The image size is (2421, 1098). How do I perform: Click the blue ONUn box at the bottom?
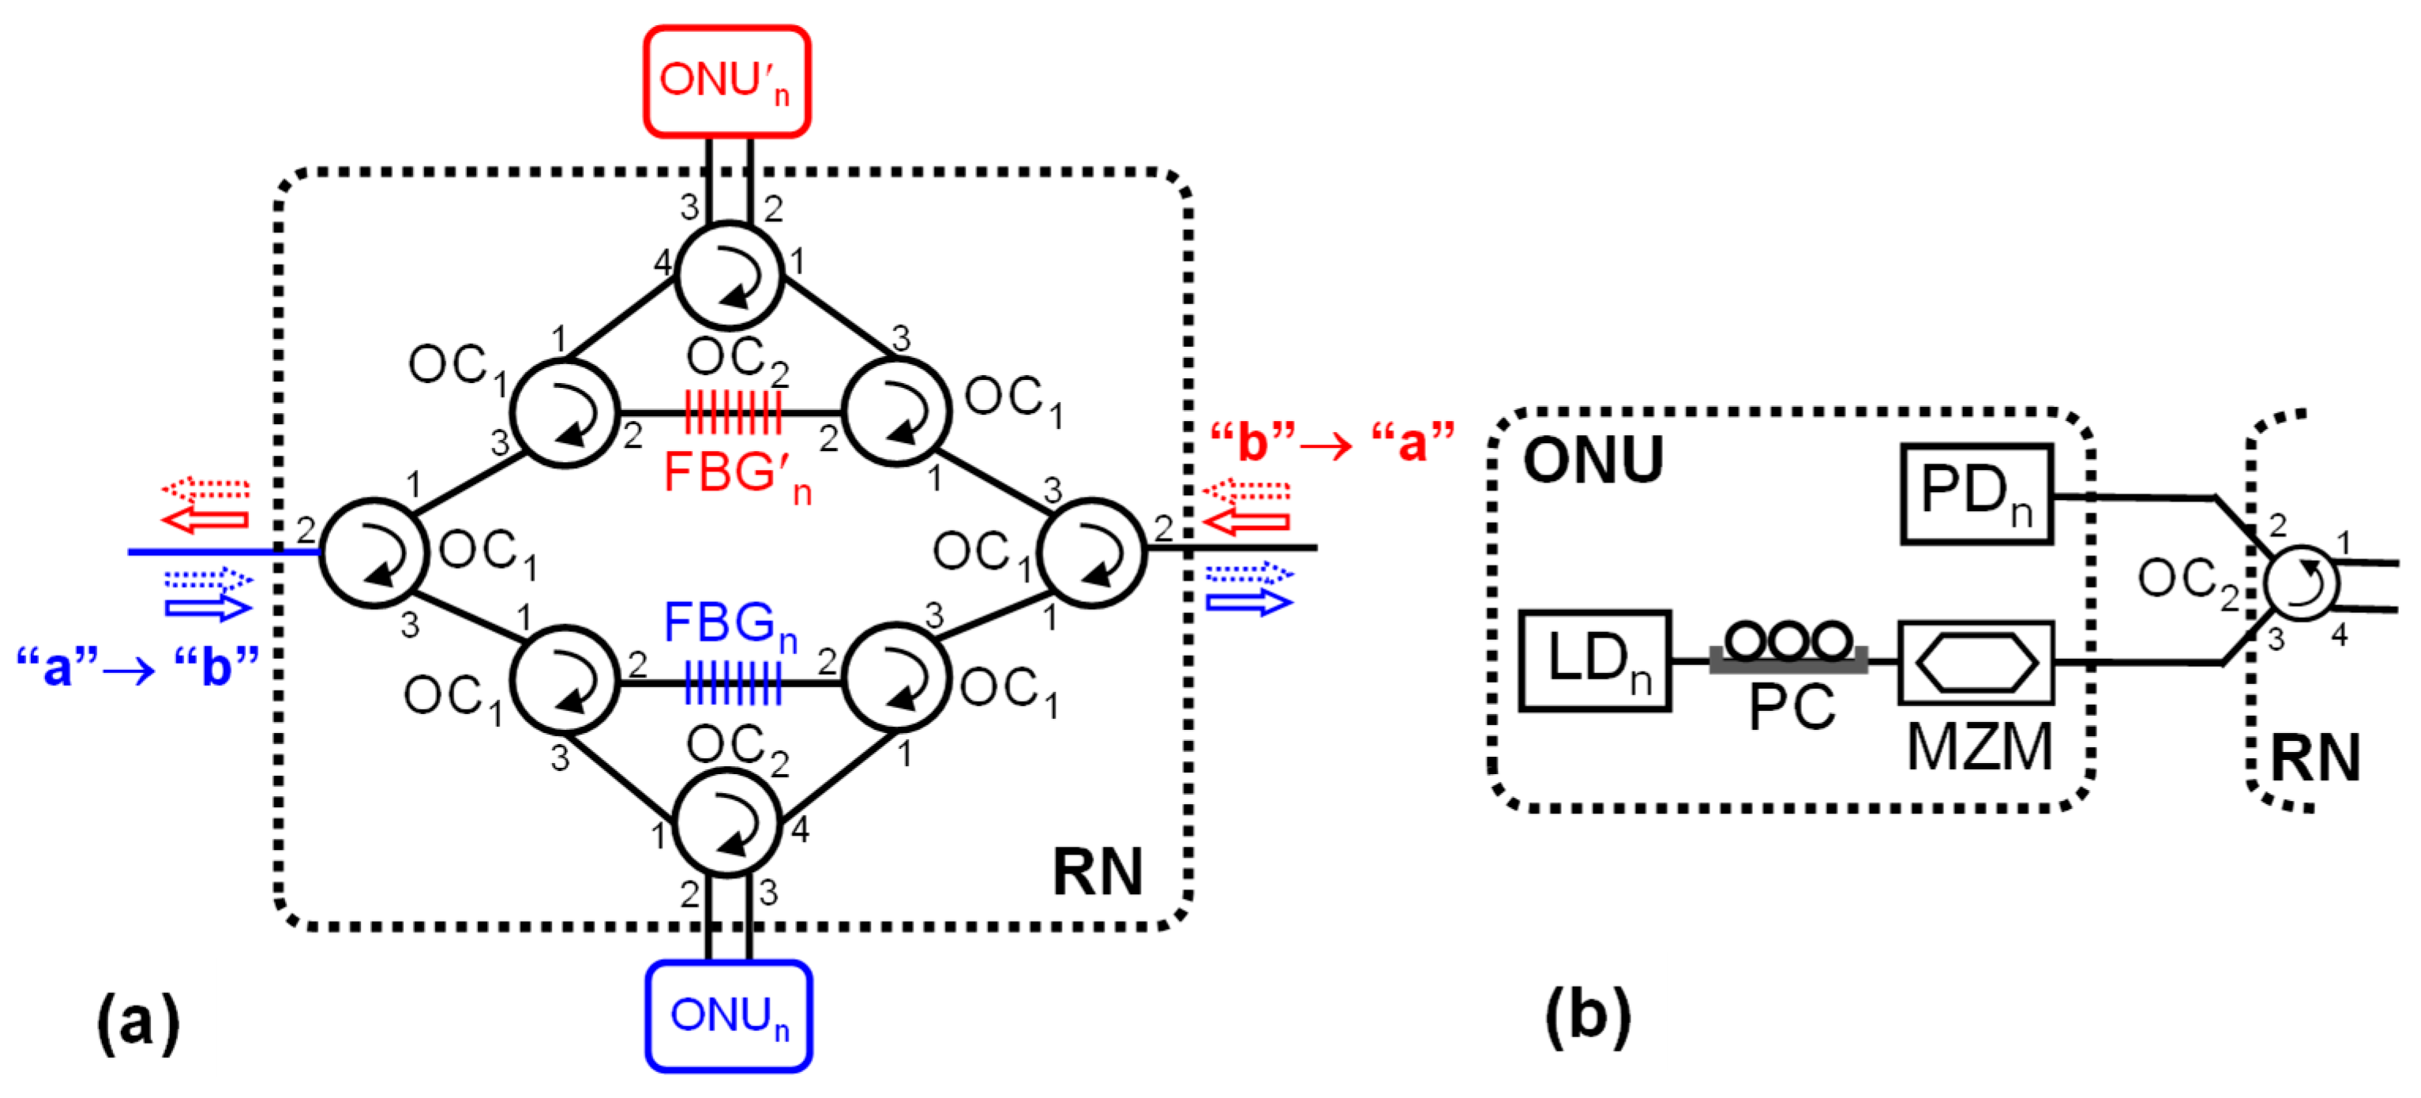pos(728,1016)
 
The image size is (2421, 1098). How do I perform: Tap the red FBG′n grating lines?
pos(733,412)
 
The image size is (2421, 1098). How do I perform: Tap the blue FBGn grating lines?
pos(733,682)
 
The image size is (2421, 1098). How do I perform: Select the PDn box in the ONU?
pos(1976,494)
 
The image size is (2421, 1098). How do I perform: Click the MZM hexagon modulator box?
pos(1976,663)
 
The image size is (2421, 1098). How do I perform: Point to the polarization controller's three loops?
pos(1789,642)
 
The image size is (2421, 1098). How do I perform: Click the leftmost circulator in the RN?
pos(374,553)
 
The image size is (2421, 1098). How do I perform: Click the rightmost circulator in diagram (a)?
pos(1091,553)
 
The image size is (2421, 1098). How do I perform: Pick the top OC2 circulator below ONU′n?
pos(730,276)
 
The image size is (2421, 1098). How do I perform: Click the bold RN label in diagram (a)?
pos(1097,871)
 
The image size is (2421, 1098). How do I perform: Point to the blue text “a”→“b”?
pos(137,666)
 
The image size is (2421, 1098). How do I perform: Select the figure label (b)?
pos(1587,1015)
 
